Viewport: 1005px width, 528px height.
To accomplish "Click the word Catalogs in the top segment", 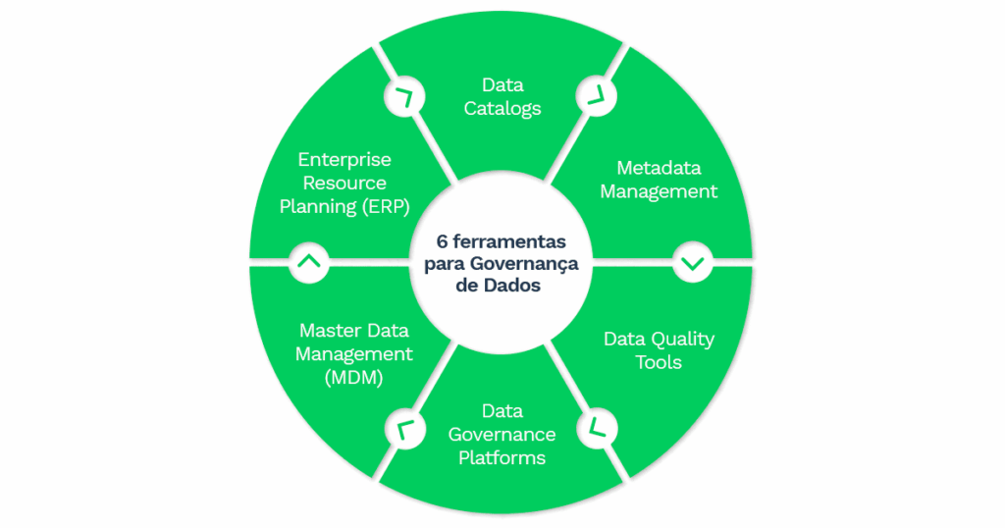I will coord(502,108).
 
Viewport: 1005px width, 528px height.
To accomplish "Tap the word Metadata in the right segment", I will coord(659,168).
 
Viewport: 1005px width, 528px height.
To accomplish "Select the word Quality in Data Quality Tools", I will coord(681,339).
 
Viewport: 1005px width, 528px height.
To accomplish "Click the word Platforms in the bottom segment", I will coord(502,457).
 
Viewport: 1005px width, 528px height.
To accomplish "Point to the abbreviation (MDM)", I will coord(353,378).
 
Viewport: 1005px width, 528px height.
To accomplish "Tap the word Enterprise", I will coord(344,159).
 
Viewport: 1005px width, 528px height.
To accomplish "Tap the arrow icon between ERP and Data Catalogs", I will coord(402,96).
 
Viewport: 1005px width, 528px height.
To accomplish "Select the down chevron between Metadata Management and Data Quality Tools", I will coord(693,263).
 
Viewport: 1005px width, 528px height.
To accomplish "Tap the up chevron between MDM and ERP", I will coord(308,263).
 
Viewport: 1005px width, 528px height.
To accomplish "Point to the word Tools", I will coord(658,362).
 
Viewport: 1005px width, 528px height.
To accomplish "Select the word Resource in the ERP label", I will coord(344,183).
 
